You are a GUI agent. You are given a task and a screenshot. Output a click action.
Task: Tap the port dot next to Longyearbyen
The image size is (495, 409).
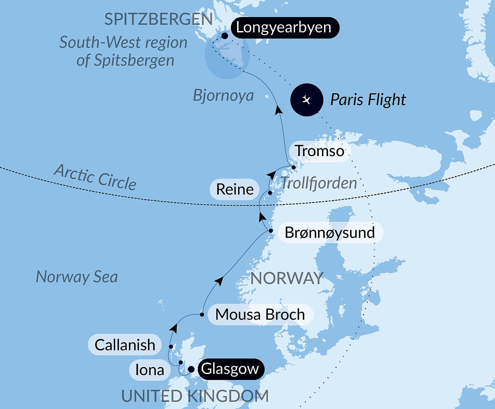pos(225,36)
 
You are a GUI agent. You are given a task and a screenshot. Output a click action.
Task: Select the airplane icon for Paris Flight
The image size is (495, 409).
pos(307,100)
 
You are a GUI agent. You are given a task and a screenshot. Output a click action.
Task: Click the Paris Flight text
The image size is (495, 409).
pos(368,100)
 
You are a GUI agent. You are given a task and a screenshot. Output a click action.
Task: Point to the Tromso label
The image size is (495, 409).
pos(320,151)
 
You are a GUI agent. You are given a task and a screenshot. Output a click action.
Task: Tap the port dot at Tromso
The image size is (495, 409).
pos(294,167)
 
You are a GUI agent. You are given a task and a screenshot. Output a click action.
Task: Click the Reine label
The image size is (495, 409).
pos(235,189)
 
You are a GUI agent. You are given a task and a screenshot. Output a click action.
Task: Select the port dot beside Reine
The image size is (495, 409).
pos(270,193)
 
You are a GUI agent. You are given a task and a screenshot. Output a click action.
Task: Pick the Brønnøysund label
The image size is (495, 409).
pos(330,232)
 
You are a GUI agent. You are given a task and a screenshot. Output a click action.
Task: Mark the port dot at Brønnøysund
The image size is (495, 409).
pos(271,231)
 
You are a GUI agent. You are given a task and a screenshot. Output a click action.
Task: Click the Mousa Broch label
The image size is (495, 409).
pos(260,315)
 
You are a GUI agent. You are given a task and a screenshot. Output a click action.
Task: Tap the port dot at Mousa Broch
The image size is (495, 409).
pos(202,315)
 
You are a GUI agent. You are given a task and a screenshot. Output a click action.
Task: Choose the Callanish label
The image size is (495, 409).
pos(125,345)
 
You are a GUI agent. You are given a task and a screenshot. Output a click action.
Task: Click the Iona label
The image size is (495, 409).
pos(150,370)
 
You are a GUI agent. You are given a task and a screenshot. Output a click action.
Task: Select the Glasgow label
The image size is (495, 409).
pos(230,369)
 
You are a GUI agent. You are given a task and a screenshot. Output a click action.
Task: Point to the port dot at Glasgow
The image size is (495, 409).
pos(191,369)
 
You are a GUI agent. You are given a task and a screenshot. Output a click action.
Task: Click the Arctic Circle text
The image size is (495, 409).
pos(95,177)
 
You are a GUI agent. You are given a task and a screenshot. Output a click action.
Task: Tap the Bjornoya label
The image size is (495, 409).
pos(223,96)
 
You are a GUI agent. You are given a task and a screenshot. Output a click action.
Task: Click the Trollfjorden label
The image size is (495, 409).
pos(319,183)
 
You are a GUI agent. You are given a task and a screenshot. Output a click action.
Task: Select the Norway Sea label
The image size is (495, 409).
pos(77,277)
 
